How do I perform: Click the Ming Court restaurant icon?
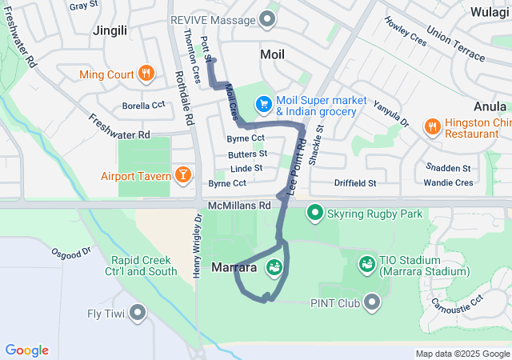click(146, 74)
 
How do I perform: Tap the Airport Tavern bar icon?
click(183, 175)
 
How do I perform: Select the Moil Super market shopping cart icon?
click(262, 105)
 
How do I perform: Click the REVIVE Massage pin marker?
click(268, 19)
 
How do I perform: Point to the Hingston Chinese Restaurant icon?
click(432, 125)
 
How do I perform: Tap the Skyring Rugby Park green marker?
click(315, 214)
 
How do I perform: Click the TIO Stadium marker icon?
click(367, 262)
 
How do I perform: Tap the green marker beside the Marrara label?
click(274, 268)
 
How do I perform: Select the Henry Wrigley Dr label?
click(198, 245)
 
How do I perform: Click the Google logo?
click(26, 350)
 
